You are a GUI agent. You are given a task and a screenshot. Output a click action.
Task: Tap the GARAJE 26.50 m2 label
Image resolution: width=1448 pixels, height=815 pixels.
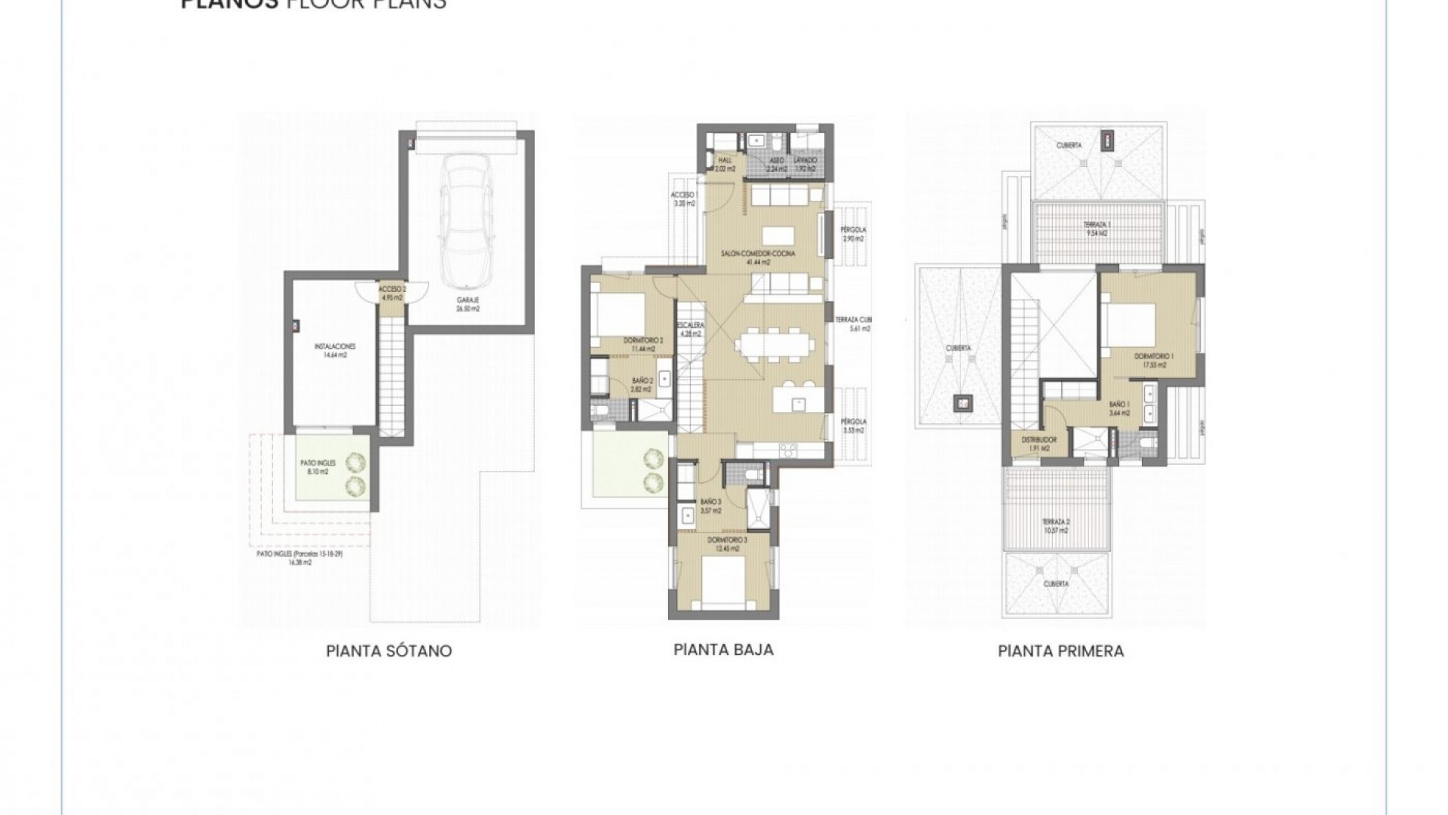[467, 304]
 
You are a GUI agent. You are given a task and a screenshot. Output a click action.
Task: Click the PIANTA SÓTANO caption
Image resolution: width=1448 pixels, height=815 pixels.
[389, 651]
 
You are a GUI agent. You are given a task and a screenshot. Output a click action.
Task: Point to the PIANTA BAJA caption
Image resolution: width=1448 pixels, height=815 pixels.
[723, 650]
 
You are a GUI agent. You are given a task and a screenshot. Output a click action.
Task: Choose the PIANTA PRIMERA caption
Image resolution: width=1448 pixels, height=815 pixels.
[1060, 651]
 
